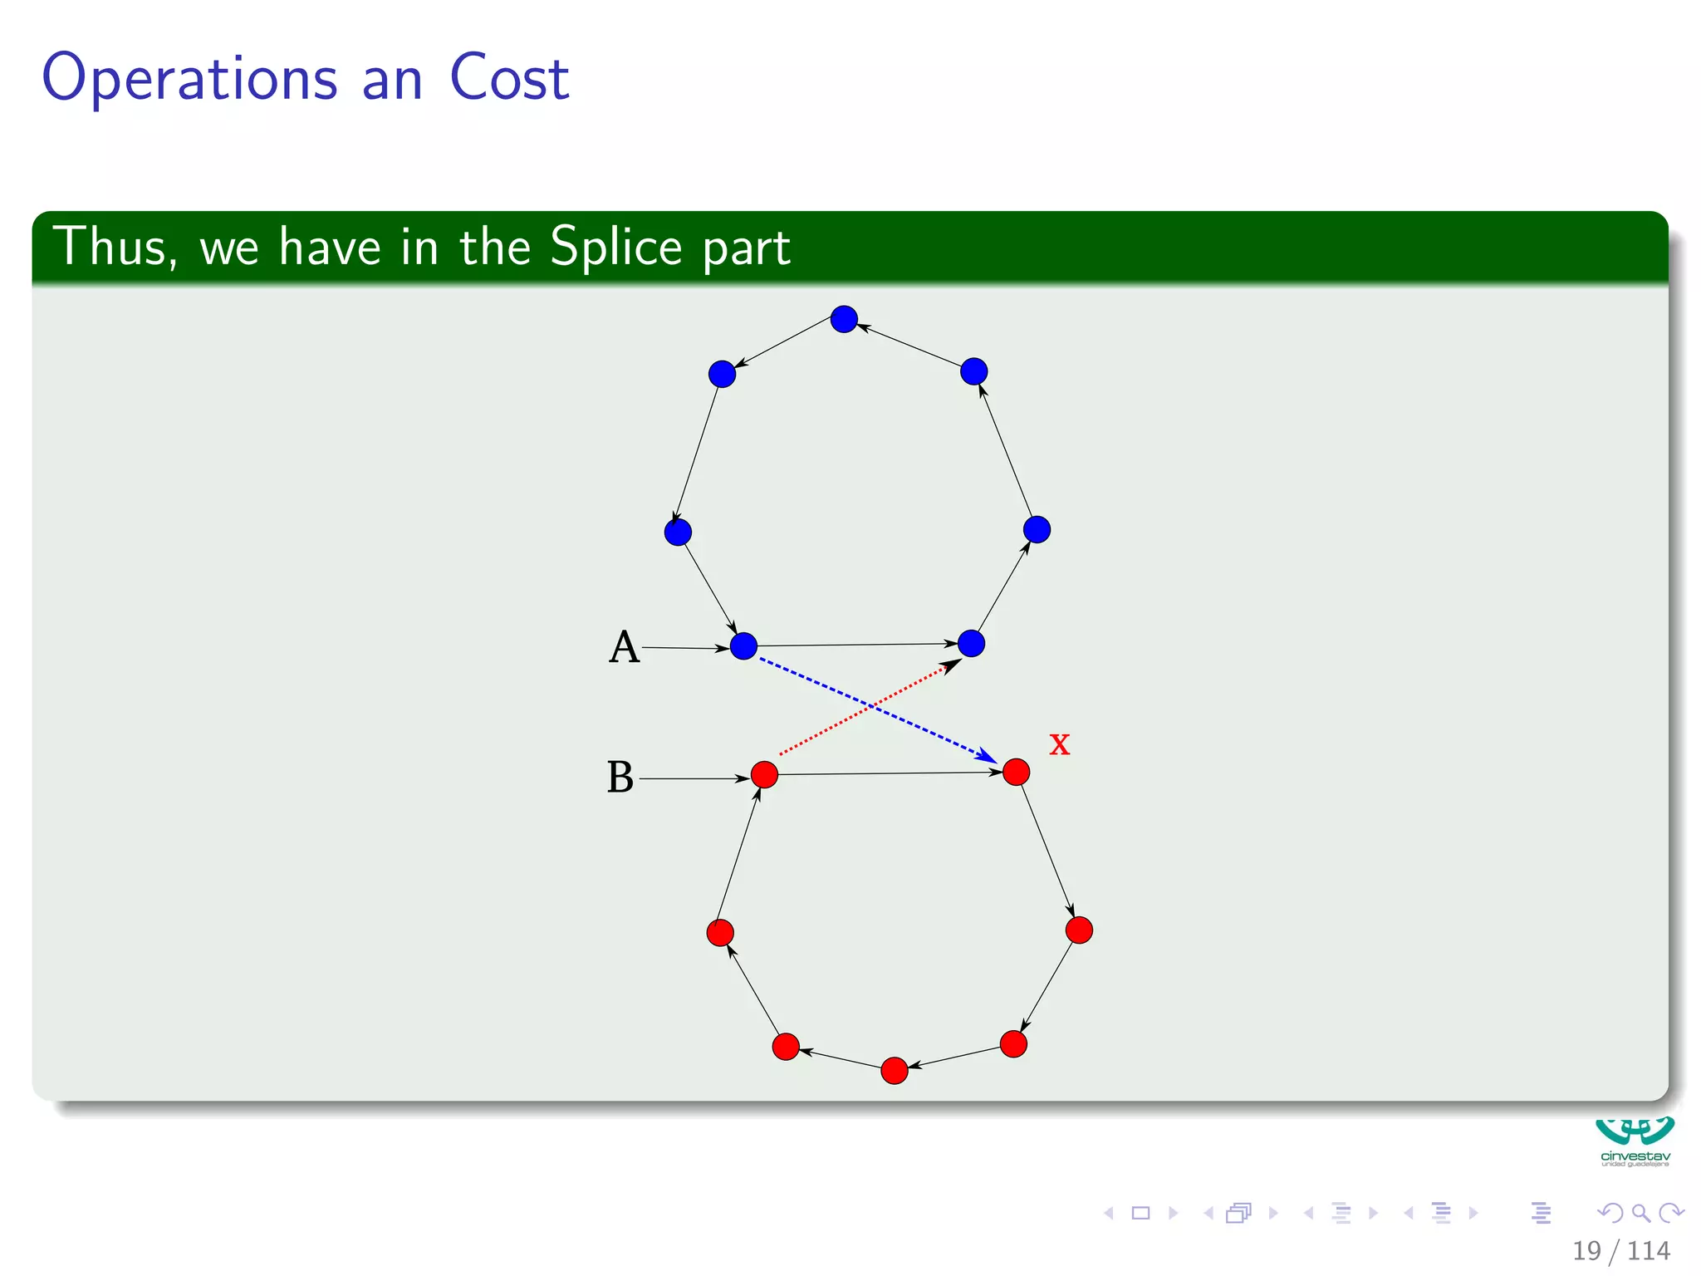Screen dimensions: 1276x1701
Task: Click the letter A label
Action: point(624,647)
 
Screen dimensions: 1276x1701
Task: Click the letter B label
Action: point(620,778)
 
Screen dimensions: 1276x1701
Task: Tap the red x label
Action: point(1059,744)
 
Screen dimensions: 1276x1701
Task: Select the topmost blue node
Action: point(844,319)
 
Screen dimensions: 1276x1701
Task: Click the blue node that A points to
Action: point(743,645)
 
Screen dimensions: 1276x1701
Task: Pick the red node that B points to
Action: point(764,774)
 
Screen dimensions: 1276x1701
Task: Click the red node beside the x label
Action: point(1016,772)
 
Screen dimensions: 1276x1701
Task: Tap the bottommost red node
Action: point(894,1071)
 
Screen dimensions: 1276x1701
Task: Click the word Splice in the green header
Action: point(615,247)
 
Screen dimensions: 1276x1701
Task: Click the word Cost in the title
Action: point(508,78)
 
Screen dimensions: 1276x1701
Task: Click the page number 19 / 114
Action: point(1620,1250)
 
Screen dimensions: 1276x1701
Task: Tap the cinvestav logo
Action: point(1635,1142)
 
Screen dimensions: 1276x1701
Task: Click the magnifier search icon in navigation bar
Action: point(1640,1213)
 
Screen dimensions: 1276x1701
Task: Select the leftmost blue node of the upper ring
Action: point(678,532)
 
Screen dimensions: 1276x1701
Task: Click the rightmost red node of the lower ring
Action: point(1079,930)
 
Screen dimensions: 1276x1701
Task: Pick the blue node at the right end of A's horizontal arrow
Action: point(971,643)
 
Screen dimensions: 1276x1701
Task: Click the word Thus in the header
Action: point(114,247)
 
